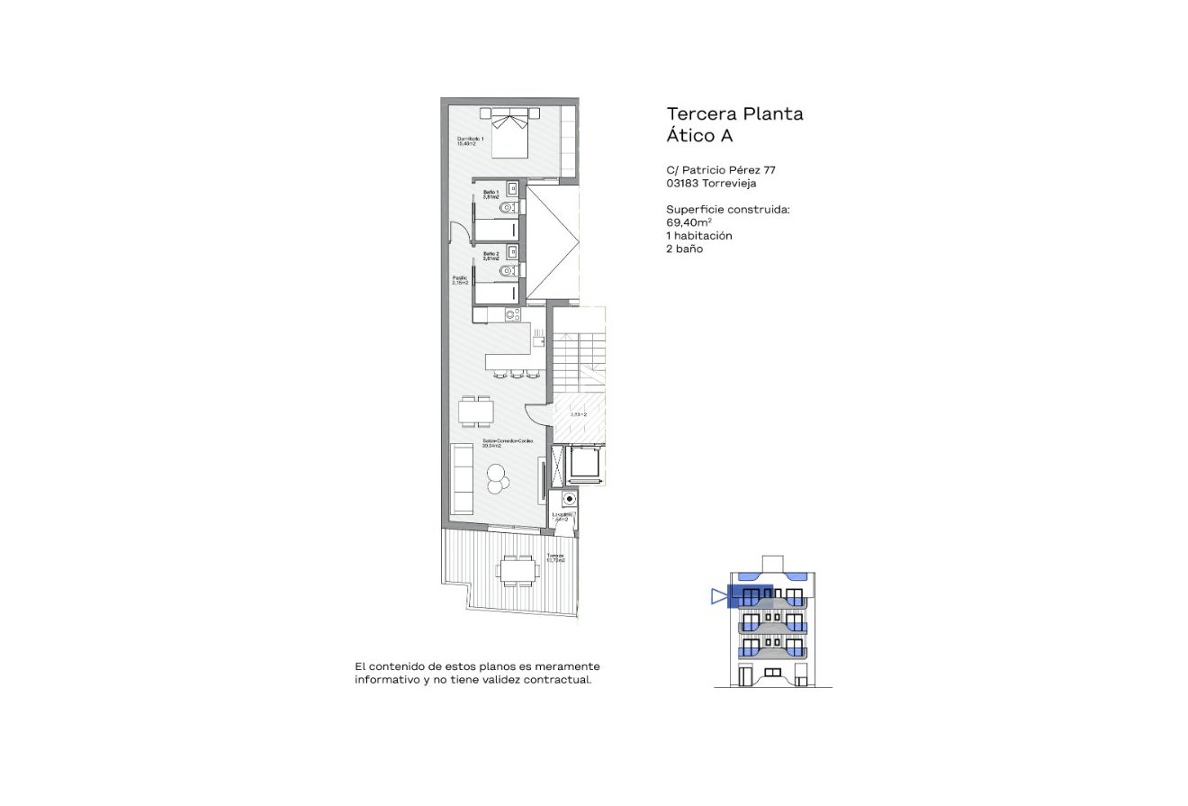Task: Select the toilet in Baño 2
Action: click(508, 270)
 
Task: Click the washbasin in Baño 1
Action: click(511, 189)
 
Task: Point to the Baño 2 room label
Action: click(490, 256)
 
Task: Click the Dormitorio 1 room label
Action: click(470, 140)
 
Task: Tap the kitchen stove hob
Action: click(512, 315)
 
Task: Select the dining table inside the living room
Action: click(476, 412)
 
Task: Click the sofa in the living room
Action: click(462, 479)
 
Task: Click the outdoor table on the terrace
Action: click(517, 570)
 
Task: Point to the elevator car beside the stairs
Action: click(582, 465)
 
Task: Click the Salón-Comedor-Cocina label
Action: click(507, 442)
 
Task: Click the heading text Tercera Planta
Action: click(734, 114)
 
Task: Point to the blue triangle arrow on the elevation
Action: click(718, 596)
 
